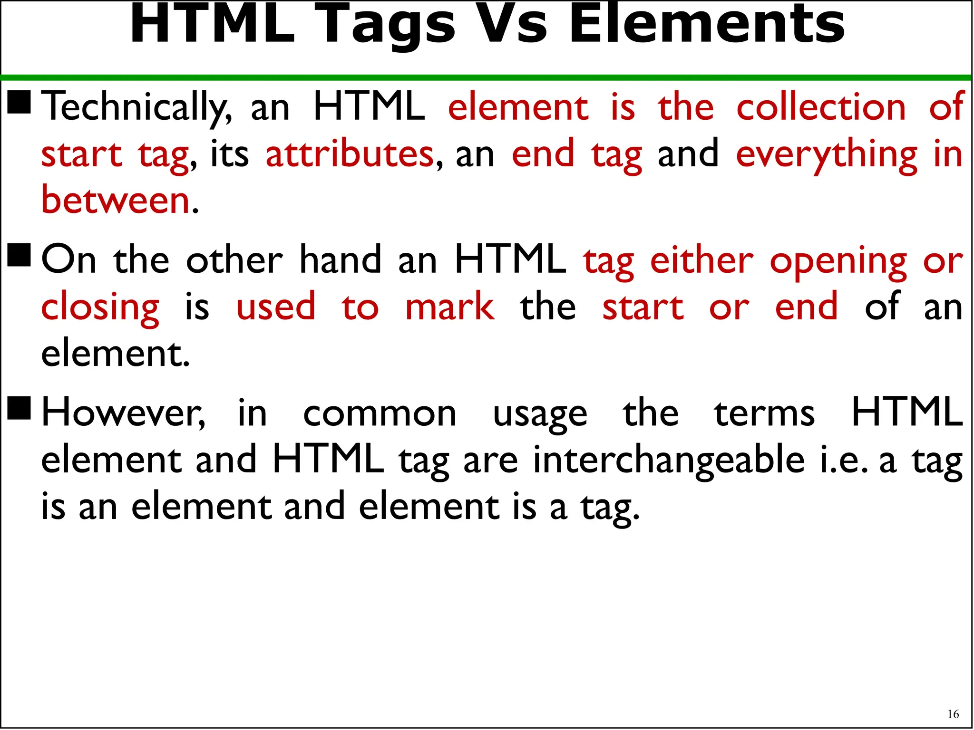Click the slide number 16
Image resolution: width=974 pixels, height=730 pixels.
click(953, 714)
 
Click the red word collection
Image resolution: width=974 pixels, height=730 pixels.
click(821, 107)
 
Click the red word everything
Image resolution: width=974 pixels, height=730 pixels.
click(827, 155)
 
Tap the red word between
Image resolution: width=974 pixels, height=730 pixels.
click(116, 200)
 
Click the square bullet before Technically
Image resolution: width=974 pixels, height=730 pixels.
click(19, 102)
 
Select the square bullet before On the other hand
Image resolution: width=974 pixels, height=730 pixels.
click(19, 255)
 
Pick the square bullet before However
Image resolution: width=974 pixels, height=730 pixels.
click(19, 408)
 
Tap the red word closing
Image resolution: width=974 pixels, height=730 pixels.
click(100, 308)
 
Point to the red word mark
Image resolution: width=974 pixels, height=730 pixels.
click(449, 307)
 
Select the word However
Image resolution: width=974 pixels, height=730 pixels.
click(123, 413)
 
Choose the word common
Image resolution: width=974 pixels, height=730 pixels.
click(380, 413)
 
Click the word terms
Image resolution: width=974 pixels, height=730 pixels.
click(764, 413)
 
